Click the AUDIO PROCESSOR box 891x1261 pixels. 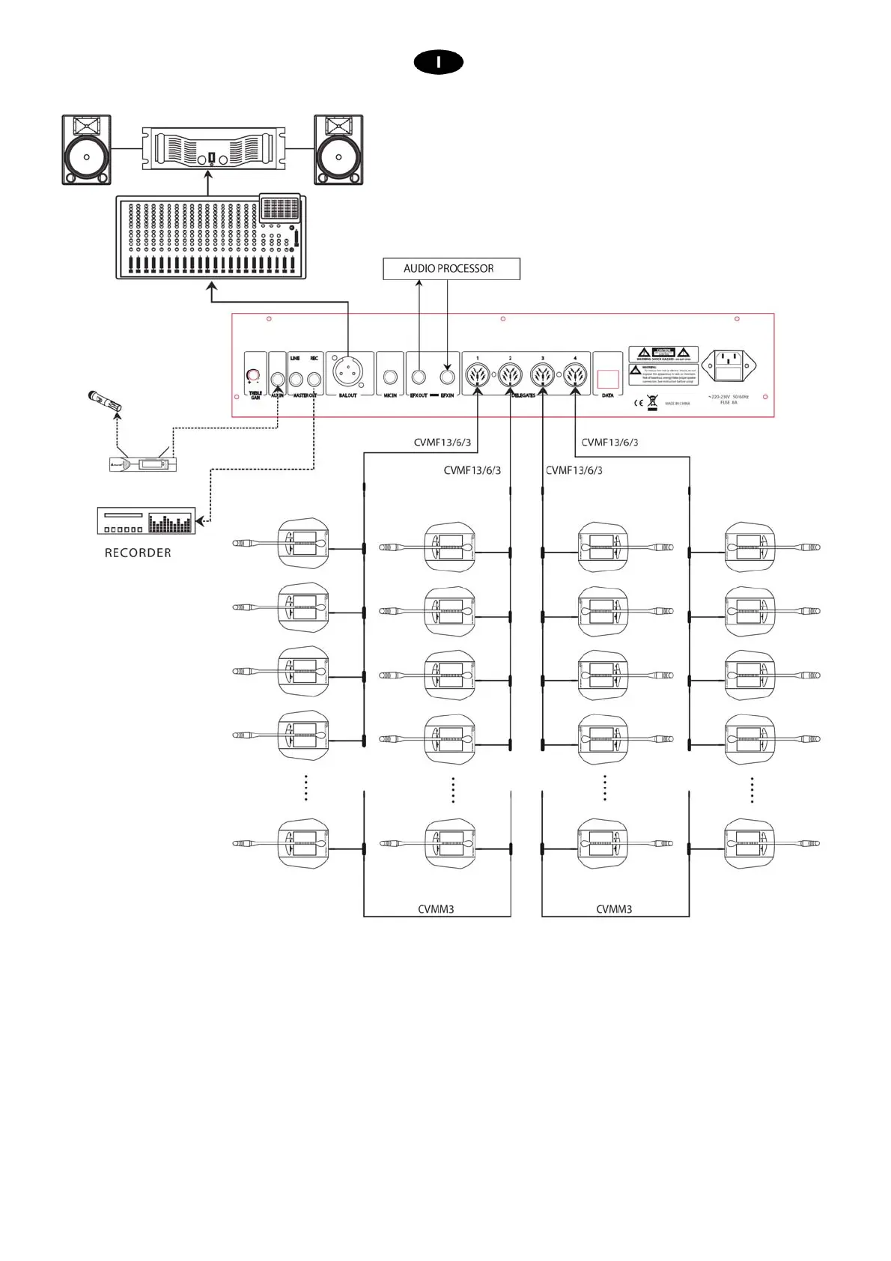[x=451, y=269]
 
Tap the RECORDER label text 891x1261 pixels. [x=138, y=553]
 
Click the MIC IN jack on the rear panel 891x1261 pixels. [x=390, y=377]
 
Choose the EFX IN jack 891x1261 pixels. [x=448, y=377]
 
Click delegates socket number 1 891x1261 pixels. [x=478, y=374]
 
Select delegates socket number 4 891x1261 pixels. [x=575, y=374]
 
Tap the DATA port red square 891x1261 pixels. [x=608, y=379]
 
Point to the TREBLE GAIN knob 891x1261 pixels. [x=253, y=374]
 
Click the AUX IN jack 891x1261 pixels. [x=277, y=379]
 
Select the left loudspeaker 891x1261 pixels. [x=86, y=150]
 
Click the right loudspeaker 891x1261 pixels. [x=338, y=150]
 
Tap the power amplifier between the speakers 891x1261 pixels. [x=211, y=149]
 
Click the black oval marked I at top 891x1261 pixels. [x=438, y=63]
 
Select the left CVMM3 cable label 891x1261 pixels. [x=436, y=909]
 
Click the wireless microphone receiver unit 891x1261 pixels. [x=143, y=464]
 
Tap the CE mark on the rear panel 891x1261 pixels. [x=639, y=403]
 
